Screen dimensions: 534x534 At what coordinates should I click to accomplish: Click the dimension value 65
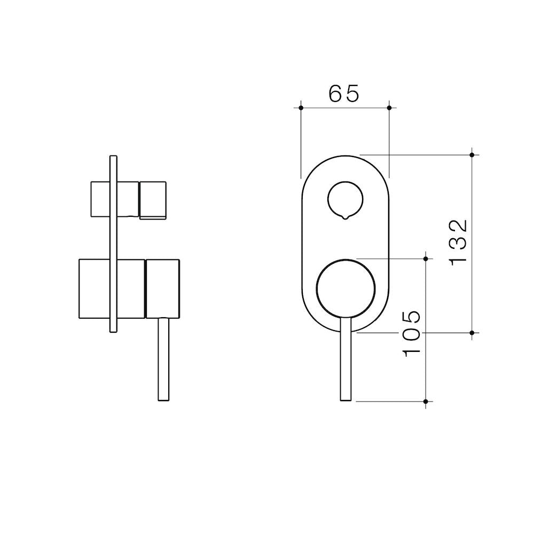[343, 93]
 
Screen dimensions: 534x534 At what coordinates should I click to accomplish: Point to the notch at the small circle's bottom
[345, 217]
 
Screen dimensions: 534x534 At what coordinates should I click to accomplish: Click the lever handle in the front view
[345, 359]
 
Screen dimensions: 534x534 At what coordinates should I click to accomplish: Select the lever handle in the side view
[164, 359]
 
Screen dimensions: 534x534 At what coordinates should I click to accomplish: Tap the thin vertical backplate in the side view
[113, 244]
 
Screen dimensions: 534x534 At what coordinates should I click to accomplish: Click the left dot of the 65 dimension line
[301, 108]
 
